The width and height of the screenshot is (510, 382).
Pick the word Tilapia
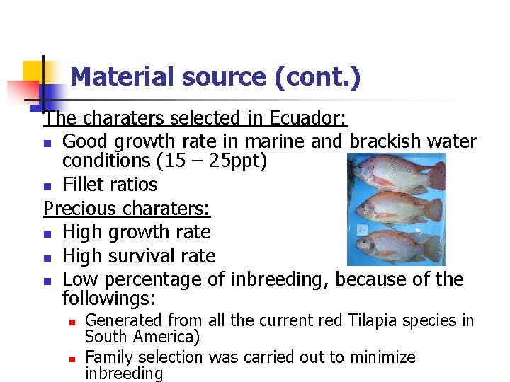(349, 320)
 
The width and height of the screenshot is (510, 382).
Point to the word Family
(109, 357)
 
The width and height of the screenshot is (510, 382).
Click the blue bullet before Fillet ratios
(47, 187)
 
